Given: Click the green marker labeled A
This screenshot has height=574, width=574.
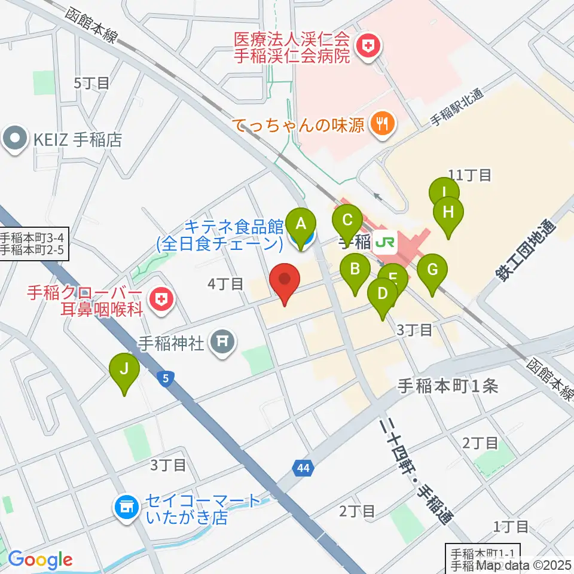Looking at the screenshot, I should point(301,224).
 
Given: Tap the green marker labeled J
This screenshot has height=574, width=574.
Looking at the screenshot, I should point(124,368).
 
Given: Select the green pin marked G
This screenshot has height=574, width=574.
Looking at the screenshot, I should point(432,269).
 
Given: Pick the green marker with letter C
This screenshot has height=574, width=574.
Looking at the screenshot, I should point(347,219).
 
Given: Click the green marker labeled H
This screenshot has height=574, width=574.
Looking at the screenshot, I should point(448,212).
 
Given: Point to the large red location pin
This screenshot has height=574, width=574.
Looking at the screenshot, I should point(285,281).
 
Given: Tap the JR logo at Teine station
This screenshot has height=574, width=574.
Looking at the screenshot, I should point(383,243).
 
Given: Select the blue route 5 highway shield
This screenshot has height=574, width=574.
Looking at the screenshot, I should point(166,377).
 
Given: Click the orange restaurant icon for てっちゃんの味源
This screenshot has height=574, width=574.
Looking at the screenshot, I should point(380,124).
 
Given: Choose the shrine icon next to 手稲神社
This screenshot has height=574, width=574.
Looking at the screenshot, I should point(222,343).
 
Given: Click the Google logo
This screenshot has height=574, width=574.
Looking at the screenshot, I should point(40,560).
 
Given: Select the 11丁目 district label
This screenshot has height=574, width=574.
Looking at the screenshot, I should point(469,175).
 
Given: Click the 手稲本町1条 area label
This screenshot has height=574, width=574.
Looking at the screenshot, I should point(447,387).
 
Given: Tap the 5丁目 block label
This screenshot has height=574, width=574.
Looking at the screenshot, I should point(91,83).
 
